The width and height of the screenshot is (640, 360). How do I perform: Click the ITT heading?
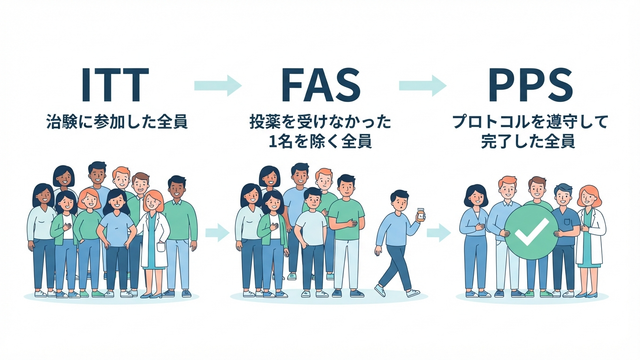[115, 85]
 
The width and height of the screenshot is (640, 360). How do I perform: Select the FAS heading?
[321, 85]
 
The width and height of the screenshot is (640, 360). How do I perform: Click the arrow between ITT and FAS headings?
[218, 85]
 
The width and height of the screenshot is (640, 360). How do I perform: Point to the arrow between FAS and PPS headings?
[422, 85]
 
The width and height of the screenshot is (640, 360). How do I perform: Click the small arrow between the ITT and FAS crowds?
[217, 233]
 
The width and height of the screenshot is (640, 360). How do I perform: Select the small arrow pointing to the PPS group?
[439, 233]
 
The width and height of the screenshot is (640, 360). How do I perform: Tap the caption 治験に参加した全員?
[117, 122]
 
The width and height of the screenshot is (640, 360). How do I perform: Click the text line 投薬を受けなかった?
[320, 122]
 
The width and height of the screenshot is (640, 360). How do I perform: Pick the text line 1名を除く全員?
[320, 141]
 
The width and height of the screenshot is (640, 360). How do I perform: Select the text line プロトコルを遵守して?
[530, 122]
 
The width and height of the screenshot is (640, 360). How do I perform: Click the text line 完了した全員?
[528, 141]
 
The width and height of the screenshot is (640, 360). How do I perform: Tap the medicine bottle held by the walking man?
[420, 215]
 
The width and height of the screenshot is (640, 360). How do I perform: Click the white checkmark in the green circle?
[531, 231]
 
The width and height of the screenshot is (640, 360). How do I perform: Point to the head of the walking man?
[399, 201]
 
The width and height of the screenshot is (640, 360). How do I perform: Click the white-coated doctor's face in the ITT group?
[153, 202]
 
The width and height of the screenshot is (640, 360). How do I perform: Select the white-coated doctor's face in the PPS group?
[589, 198]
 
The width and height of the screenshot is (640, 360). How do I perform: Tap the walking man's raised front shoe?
[380, 290]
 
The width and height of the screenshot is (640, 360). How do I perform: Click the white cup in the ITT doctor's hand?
[161, 247]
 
